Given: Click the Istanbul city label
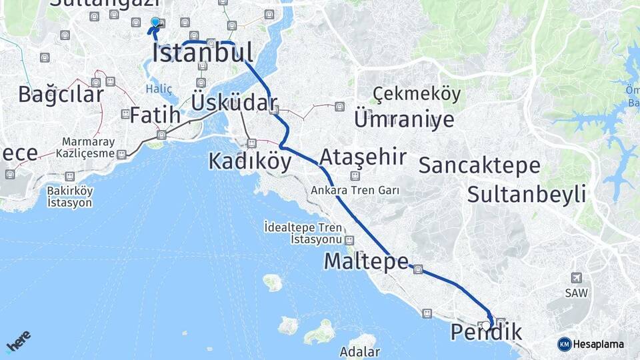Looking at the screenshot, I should (203, 53).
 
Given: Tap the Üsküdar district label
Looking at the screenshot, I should (233, 103).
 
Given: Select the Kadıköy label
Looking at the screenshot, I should (250, 161).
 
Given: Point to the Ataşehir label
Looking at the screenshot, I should (363, 157).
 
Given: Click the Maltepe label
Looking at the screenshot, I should (366, 261).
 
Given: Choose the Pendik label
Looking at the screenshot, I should (486, 331).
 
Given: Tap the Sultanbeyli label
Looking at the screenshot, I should (527, 195).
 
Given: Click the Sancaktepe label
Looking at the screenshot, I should (479, 165).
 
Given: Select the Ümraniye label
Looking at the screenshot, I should (404, 119).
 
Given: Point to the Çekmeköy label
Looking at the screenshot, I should (417, 94).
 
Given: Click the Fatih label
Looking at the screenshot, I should (155, 115).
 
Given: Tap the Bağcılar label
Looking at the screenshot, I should (61, 95).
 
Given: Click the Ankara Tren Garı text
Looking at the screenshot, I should (355, 190).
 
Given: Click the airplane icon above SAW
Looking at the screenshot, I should (576, 278).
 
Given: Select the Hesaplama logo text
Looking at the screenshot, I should (598, 344).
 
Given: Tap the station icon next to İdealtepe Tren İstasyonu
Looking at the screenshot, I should (349, 240).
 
